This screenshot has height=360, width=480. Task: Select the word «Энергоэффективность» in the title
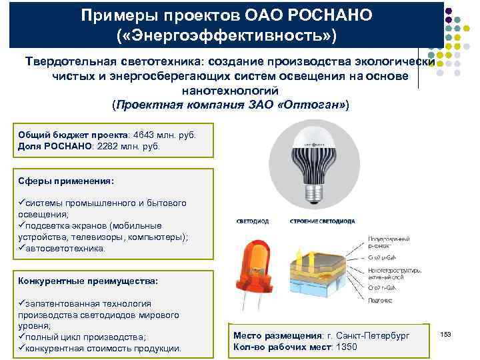(x=225, y=33)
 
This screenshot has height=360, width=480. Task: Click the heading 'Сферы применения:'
(x=66, y=181)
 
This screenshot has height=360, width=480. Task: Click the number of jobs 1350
(x=345, y=347)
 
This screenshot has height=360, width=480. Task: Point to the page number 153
(x=446, y=333)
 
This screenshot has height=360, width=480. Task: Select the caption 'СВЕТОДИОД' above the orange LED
(x=252, y=221)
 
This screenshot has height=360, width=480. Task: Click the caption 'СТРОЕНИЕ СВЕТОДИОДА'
(x=322, y=221)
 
